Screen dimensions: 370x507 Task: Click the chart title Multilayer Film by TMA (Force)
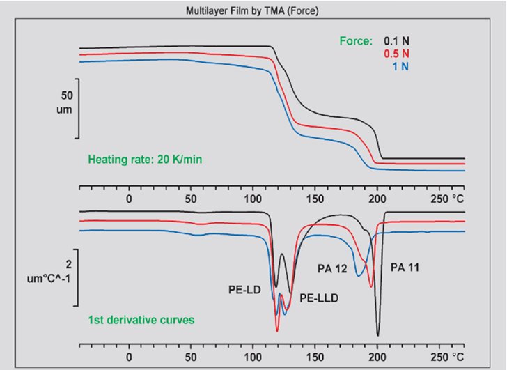253,11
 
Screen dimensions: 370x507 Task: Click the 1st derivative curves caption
141,321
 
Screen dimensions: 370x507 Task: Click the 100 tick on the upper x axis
253,199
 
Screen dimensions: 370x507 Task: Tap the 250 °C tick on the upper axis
446,199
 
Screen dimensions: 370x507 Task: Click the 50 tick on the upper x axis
191,199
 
